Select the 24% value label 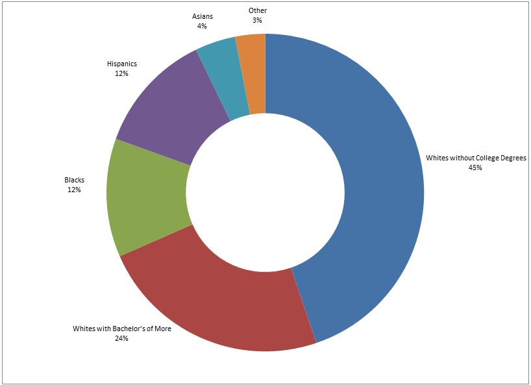pyautogui.click(x=121, y=338)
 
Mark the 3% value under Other pyautogui.click(x=257, y=20)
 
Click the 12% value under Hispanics pyautogui.click(x=121, y=74)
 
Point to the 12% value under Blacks pyautogui.click(x=73, y=190)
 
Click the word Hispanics pyautogui.click(x=121, y=64)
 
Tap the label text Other pyautogui.click(x=257, y=10)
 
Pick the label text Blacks pyautogui.click(x=73, y=180)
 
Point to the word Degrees pyautogui.click(x=512, y=158)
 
